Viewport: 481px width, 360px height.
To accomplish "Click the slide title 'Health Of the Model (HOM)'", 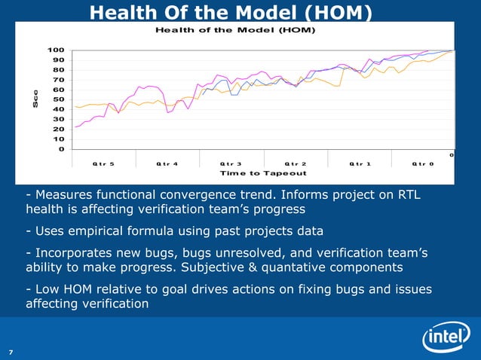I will (229, 11).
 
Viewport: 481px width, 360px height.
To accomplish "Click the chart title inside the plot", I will (234, 30).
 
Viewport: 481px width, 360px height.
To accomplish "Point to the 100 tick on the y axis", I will (55, 50).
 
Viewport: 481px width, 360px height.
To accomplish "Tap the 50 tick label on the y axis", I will (57, 99).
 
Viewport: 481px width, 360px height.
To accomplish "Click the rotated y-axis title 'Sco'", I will (35, 99).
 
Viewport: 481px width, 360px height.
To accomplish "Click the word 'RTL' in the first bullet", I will (405, 196).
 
